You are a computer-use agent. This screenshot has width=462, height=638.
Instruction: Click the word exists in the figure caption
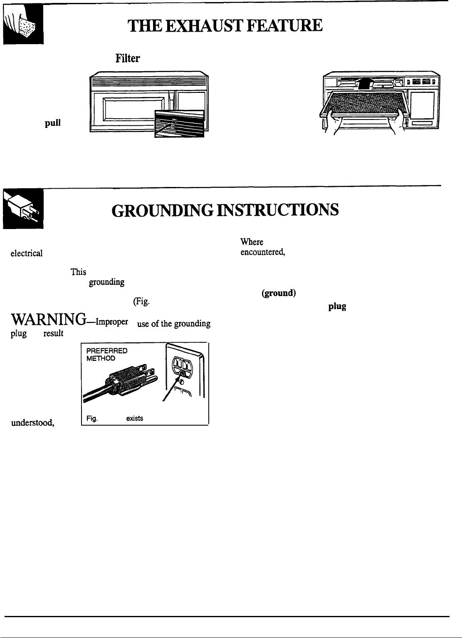click(x=135, y=418)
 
